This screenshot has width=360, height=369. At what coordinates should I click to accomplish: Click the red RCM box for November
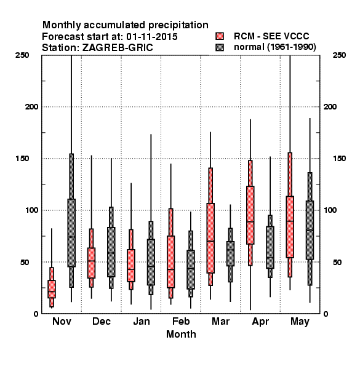(x=52, y=289)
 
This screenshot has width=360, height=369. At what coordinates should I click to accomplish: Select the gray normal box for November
(x=71, y=232)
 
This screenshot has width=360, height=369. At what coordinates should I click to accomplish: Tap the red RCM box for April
(x=250, y=215)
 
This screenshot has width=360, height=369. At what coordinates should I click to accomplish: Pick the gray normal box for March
(x=230, y=253)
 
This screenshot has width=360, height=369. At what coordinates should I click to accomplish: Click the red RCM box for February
(x=170, y=262)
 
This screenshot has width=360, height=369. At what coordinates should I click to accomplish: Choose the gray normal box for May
(x=310, y=230)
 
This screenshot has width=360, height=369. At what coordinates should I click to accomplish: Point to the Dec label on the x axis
(x=102, y=321)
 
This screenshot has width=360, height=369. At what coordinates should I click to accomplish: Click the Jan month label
(x=142, y=321)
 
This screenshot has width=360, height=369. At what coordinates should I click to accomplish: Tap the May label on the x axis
(x=300, y=322)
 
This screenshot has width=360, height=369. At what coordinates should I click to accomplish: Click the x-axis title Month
(x=181, y=334)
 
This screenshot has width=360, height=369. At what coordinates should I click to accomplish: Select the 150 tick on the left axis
(x=22, y=159)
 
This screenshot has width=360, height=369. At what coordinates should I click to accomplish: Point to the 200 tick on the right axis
(x=330, y=107)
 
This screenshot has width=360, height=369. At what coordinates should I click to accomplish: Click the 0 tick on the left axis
(x=36, y=314)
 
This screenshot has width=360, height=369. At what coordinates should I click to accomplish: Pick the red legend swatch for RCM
(x=220, y=36)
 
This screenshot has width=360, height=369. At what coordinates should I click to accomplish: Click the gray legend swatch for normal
(x=220, y=47)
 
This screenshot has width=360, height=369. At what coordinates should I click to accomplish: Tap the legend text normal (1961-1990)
(x=274, y=47)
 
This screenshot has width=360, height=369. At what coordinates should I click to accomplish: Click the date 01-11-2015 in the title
(x=152, y=37)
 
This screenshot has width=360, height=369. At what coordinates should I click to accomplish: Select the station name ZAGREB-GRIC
(x=118, y=48)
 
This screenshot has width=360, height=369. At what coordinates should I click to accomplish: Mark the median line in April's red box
(x=250, y=221)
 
